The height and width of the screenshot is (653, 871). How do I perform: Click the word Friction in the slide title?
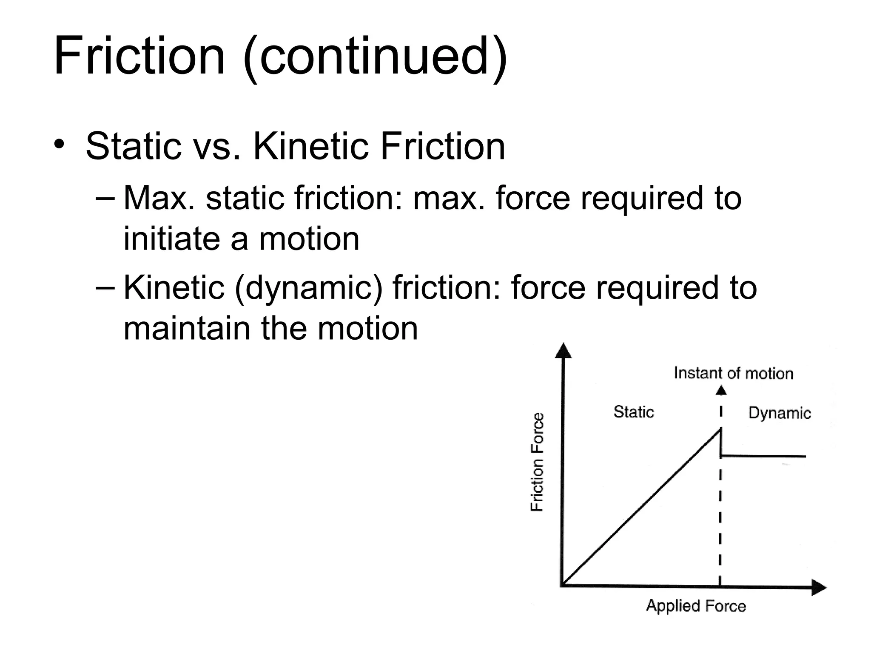click(139, 56)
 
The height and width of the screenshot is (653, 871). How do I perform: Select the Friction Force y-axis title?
click(537, 462)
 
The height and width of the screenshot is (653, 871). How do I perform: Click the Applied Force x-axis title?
click(696, 605)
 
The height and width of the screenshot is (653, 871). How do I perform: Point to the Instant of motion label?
click(734, 373)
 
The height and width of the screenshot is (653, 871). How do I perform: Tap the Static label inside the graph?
click(633, 412)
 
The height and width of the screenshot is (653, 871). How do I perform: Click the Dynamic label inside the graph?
click(779, 413)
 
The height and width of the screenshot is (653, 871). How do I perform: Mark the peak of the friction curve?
click(720, 429)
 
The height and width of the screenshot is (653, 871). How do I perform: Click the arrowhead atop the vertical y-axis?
click(564, 351)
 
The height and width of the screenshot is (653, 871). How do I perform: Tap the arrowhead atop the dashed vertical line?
click(721, 390)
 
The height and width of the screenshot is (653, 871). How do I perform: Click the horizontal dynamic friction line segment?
click(763, 456)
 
